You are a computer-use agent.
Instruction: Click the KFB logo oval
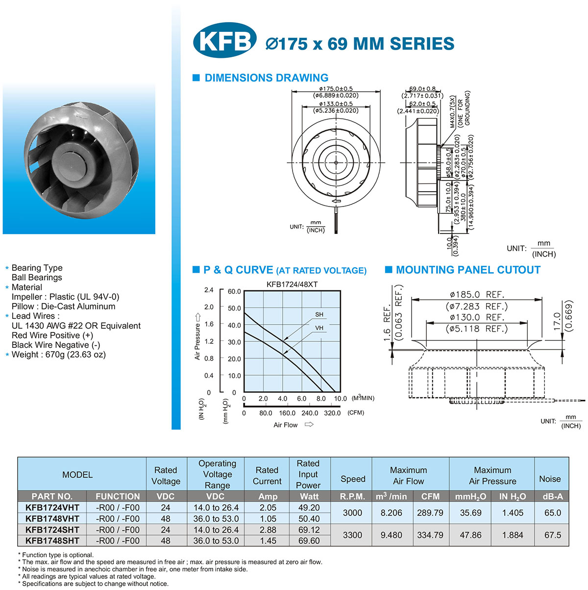[224, 40]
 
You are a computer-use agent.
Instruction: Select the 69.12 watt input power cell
[309, 530]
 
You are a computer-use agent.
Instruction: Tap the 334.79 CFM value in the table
[430, 535]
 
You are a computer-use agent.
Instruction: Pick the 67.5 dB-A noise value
[553, 535]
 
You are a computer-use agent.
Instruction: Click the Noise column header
[550, 479]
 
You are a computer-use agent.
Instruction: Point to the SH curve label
[319, 314]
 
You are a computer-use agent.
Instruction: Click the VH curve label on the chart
[319, 328]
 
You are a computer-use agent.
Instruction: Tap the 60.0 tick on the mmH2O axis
[234, 291]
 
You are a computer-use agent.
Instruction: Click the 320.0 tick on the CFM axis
[332, 413]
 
